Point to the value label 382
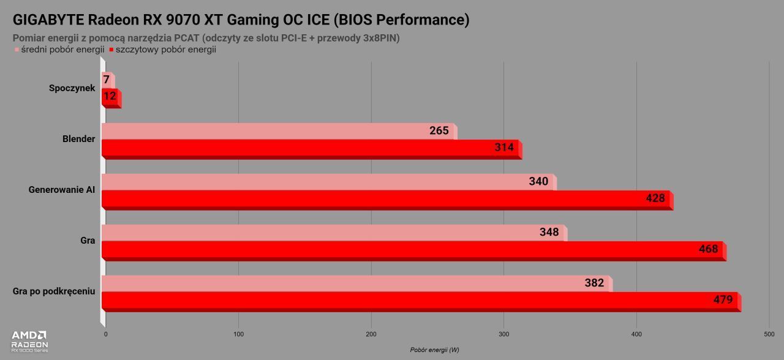(594, 283)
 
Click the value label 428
(655, 198)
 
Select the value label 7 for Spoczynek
(107, 80)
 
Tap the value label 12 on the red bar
(110, 96)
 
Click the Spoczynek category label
(72, 88)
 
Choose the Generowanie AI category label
(62, 190)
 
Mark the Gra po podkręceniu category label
(54, 291)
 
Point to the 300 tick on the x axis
(503, 334)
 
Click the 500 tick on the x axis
(769, 334)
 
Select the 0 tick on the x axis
(106, 334)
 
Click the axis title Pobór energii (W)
(434, 350)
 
